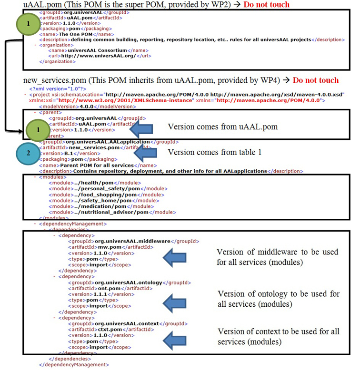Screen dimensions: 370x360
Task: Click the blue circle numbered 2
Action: (x=29, y=153)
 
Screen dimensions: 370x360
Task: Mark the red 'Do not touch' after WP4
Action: (x=316, y=80)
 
